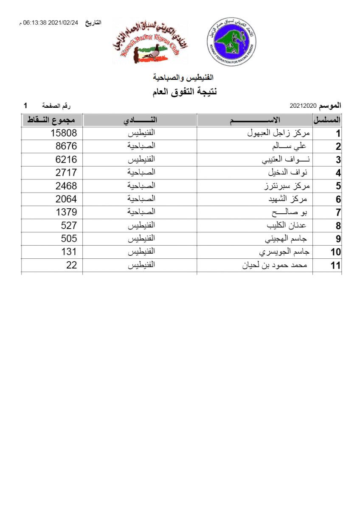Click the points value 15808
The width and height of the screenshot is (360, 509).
pos(64,133)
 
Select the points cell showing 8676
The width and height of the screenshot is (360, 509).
pos(66,146)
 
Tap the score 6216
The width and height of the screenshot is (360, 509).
pos(66,159)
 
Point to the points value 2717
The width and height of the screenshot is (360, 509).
pos(66,173)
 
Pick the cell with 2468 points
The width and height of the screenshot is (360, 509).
pos(66,186)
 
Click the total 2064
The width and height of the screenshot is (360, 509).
pos(66,199)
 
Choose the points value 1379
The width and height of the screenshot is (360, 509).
pos(66,212)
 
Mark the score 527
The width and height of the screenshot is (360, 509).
pos(69,225)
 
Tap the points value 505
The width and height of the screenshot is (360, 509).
pos(69,238)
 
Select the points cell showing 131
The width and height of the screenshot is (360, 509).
pos(69,252)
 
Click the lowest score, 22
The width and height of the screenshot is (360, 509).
pos(72,265)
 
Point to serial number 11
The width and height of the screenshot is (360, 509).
pos(335,266)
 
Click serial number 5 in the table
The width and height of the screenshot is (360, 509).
pos(338,186)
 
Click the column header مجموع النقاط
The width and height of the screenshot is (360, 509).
pos(52,120)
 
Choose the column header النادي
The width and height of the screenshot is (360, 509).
pos(140,120)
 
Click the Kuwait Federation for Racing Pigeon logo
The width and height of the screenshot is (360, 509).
pos(232,42)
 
